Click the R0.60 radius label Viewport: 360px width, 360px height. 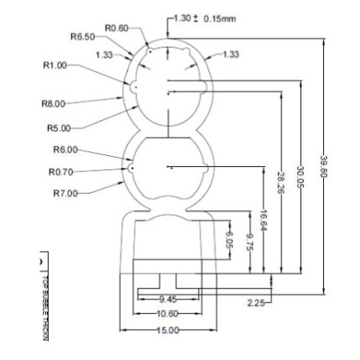pyautogui.click(x=115, y=28)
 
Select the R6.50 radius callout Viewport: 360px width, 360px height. pyautogui.click(x=82, y=37)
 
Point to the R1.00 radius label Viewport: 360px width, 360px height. pyautogui.click(x=54, y=64)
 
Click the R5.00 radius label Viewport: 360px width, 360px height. pyautogui.click(x=58, y=128)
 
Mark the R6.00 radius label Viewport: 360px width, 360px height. pyautogui.click(x=65, y=149)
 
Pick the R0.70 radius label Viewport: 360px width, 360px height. pyautogui.click(x=62, y=170)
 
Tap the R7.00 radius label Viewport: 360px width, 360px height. pyautogui.click(x=65, y=193)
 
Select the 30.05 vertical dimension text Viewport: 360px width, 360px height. pyautogui.click(x=299, y=174)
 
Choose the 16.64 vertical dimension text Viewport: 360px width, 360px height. pyautogui.click(x=263, y=219)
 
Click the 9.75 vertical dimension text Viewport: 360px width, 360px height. pyautogui.click(x=248, y=240)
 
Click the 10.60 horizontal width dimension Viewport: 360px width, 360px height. pyautogui.click(x=168, y=312)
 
